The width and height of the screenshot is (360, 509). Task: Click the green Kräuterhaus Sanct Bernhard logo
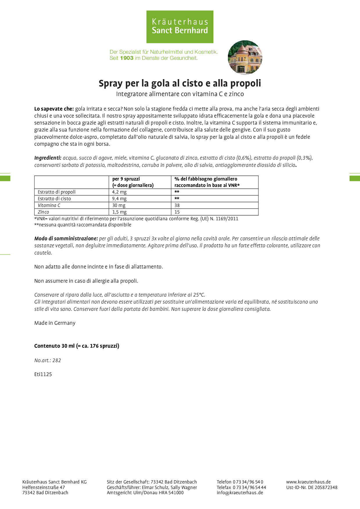(180, 27)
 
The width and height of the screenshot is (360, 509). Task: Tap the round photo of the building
(245, 57)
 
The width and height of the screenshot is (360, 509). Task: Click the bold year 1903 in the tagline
(127, 58)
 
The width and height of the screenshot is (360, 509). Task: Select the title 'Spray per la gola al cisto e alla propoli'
(180, 83)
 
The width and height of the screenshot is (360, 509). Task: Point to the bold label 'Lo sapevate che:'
(54, 109)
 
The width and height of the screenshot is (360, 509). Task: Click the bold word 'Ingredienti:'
(48, 158)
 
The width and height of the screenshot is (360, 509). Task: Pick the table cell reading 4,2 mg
(119, 192)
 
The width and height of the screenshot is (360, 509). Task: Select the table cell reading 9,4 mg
(119, 198)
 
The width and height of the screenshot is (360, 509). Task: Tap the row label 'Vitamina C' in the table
(49, 205)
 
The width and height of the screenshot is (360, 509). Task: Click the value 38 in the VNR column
(177, 205)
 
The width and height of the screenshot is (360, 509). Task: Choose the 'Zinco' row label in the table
(44, 212)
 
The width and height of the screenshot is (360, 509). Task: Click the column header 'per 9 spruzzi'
(126, 179)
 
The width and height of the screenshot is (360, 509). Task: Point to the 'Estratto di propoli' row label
(57, 192)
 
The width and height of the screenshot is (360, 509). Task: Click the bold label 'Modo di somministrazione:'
(66, 239)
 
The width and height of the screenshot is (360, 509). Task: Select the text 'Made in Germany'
(55, 323)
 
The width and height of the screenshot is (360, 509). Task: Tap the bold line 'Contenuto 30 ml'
(77, 346)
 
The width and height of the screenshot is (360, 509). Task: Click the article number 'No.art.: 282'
(48, 360)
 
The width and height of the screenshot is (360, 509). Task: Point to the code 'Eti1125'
(43, 374)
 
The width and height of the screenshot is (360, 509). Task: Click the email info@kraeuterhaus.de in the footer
(240, 492)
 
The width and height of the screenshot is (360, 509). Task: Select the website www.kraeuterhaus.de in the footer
(308, 482)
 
